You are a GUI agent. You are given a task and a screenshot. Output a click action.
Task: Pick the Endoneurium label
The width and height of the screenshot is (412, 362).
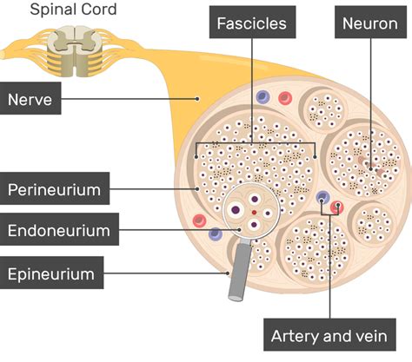(x=58, y=231)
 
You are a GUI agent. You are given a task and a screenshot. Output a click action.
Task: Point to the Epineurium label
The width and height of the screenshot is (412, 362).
(x=51, y=274)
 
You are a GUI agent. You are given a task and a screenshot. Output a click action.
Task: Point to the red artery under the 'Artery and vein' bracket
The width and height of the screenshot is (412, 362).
(x=339, y=207)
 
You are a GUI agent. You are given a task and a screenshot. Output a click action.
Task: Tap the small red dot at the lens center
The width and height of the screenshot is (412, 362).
(x=253, y=212)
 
